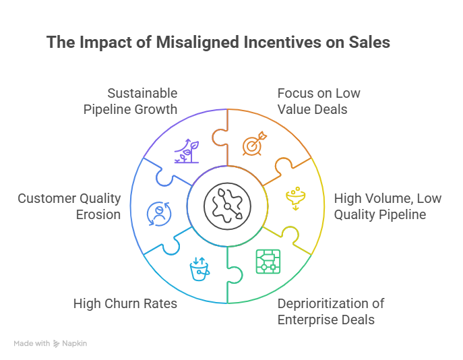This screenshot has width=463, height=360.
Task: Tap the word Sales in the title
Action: pyautogui.click(x=368, y=42)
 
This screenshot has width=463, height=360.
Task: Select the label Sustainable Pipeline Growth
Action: pyautogui.click(x=130, y=101)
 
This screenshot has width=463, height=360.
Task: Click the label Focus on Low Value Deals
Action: pyautogui.click(x=319, y=101)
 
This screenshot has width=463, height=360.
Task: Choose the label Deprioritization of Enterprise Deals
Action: pyautogui.click(x=331, y=311)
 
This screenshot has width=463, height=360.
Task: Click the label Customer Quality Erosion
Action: pyautogui.click(x=69, y=207)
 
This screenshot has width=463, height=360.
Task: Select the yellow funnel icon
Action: pyautogui.click(x=294, y=198)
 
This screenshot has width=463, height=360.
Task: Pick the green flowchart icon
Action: pyautogui.click(x=268, y=262)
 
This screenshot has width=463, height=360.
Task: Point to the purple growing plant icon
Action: pyautogui.click(x=187, y=151)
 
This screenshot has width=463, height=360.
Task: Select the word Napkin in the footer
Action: pyautogui.click(x=75, y=344)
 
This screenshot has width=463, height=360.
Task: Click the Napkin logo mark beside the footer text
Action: pyautogui.click(x=57, y=344)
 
